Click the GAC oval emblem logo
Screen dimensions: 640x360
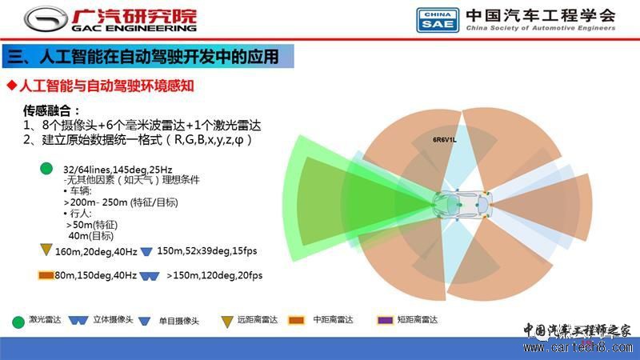[46, 19]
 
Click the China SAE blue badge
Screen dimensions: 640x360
[438, 20]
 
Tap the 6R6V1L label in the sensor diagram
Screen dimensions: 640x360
[445, 139]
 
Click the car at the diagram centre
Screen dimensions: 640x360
[462, 204]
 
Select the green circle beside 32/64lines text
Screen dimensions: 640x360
[46, 168]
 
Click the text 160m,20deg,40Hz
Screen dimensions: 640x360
[96, 252]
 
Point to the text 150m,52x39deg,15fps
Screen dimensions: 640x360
[207, 250]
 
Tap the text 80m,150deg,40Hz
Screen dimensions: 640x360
[95, 275]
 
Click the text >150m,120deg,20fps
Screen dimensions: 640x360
[214, 275]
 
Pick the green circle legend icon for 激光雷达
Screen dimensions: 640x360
[18, 322]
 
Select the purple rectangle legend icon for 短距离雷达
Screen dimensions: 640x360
[385, 321]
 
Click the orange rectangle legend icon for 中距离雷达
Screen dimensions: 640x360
[296, 321]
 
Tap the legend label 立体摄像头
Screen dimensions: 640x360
[113, 319]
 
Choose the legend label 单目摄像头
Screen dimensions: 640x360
[178, 321]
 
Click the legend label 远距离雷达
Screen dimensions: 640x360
[258, 319]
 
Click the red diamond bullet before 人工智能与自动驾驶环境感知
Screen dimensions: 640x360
[12, 86]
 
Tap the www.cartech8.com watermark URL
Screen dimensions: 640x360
[578, 347]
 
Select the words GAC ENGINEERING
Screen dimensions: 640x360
[134, 28]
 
